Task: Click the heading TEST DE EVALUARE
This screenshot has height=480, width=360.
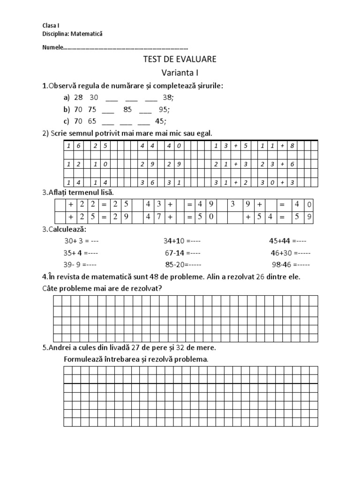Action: pyautogui.click(x=180, y=60)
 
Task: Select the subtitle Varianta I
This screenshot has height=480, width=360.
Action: pyautogui.click(x=180, y=73)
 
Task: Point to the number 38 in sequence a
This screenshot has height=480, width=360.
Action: pyautogui.click(x=168, y=97)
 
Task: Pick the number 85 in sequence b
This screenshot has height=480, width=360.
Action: pyautogui.click(x=128, y=110)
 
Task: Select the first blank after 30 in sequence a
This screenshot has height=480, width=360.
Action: pyautogui.click(x=112, y=98)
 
